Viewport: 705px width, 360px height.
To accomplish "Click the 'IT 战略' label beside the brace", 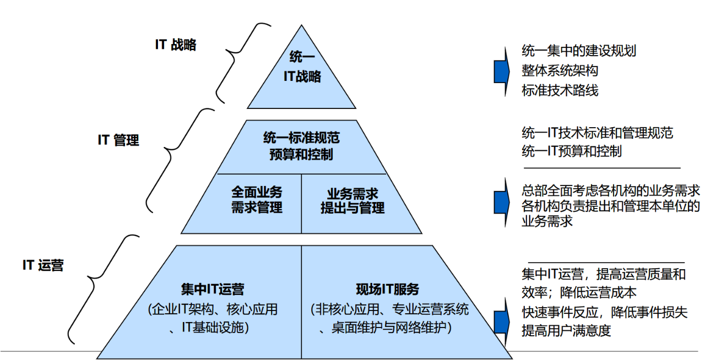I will pyautogui.click(x=175, y=45).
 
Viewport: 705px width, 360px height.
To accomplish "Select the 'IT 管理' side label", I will pyautogui.click(x=118, y=140).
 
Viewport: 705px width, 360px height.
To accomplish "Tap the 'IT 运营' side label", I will pyautogui.click(x=43, y=265).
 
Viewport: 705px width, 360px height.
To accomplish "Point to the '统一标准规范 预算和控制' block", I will pyautogui.click(x=301, y=146).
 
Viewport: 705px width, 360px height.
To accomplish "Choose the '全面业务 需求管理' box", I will pyautogui.click(x=257, y=200).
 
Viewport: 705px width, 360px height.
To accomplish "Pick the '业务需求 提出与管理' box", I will pyautogui.click(x=352, y=200).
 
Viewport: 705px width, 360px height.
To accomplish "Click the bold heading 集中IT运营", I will pyautogui.click(x=212, y=289).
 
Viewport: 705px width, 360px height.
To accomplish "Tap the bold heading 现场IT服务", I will pyautogui.click(x=388, y=289).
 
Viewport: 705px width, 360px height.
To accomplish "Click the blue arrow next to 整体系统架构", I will pyautogui.click(x=501, y=71).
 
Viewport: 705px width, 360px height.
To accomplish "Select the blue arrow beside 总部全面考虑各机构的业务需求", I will pyautogui.click(x=501, y=201).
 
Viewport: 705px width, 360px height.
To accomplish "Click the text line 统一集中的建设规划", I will pyautogui.click(x=579, y=51).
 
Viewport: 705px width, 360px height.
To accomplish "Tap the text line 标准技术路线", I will pyautogui.click(x=560, y=90).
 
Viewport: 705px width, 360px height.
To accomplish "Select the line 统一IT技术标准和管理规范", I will pyautogui.click(x=597, y=133).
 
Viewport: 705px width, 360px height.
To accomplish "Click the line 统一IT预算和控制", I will pyautogui.click(x=572, y=151).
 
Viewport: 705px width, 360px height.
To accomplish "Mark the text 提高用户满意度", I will pyautogui.click(x=566, y=331).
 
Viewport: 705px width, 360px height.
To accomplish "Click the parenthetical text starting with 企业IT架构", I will pyautogui.click(x=213, y=318).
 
